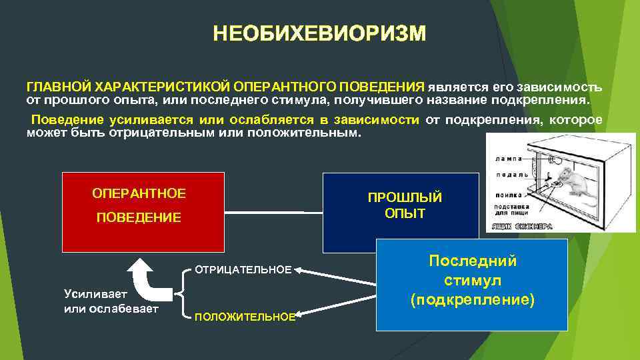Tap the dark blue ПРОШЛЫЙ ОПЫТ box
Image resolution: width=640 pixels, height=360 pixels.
401,212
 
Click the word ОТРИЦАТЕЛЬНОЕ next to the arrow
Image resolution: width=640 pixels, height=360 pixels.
243,270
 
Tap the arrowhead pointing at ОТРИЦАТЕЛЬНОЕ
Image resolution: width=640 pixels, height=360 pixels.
299,271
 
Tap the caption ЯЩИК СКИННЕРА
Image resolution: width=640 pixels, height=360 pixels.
521,227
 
